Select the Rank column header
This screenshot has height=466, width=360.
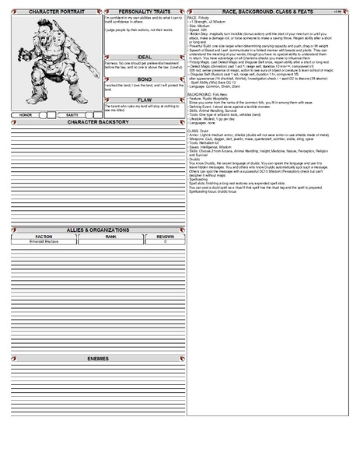pos(110,237)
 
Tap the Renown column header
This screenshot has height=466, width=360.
pos(165,237)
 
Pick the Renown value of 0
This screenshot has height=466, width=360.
pos(165,242)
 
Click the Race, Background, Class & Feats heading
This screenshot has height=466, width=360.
pos(268,12)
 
